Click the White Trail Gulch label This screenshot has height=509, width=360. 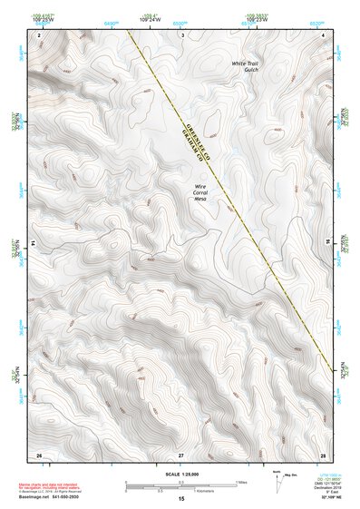[x=245, y=67]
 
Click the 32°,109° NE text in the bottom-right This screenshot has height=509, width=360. [x=325, y=497]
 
